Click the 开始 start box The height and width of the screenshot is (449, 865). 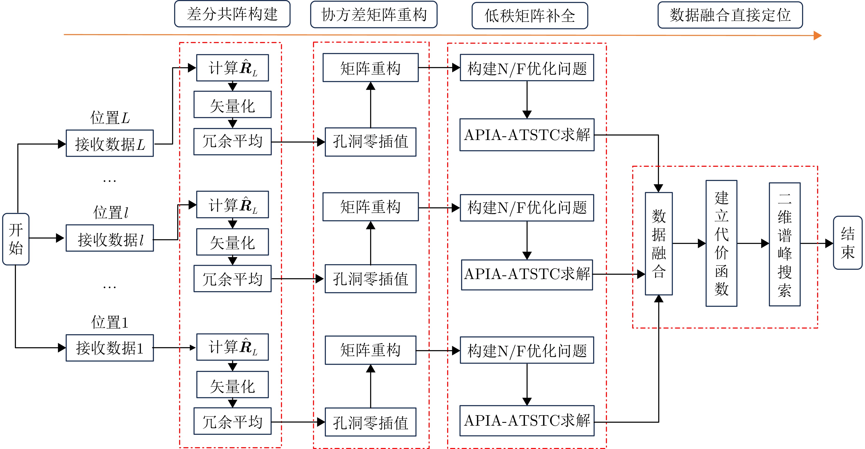click(x=16, y=239)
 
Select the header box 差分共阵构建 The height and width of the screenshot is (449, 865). click(x=232, y=14)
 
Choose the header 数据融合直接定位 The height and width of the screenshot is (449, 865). click(x=730, y=15)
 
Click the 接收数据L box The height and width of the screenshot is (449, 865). click(x=110, y=143)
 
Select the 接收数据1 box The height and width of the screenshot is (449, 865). click(x=110, y=348)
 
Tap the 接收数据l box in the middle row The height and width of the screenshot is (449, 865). click(x=110, y=238)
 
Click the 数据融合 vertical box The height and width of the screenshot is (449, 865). click(x=659, y=244)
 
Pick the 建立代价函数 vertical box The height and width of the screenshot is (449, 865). click(x=721, y=243)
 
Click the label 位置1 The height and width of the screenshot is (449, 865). click(x=110, y=322)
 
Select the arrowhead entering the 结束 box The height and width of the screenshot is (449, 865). click(x=829, y=243)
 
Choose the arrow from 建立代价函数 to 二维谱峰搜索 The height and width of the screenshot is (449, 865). click(x=753, y=243)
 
